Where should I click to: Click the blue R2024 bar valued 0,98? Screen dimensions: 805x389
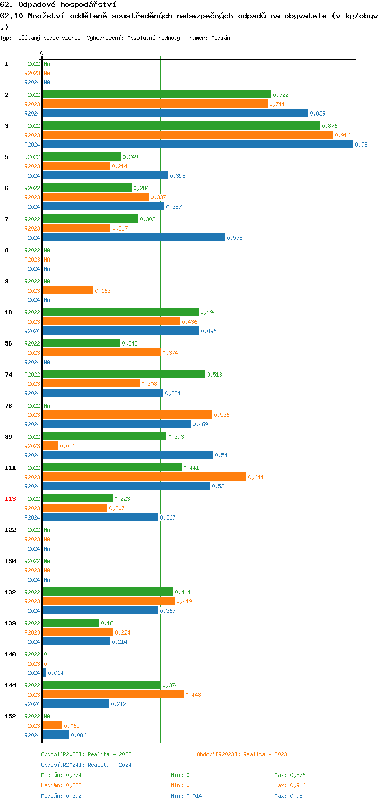tap(197, 144)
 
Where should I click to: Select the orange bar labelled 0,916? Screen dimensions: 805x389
tap(187, 135)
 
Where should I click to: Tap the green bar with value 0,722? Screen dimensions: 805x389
tap(157, 94)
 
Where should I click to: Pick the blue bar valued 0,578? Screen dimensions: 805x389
tap(133, 237)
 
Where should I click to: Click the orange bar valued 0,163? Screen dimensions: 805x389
tap(68, 290)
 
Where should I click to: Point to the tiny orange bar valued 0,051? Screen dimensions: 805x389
tap(50, 445)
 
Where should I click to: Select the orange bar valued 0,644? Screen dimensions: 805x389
tap(144, 477)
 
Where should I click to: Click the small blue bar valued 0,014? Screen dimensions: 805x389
tap(44, 672)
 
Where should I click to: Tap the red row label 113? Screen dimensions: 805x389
tap(10, 499)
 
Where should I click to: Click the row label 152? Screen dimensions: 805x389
tap(10, 716)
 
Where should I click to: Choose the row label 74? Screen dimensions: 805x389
tap(8, 375)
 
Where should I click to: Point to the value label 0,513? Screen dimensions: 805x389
tap(214, 375)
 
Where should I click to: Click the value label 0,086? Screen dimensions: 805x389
tap(78, 735)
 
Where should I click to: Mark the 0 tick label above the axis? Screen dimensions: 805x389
tap(42, 53)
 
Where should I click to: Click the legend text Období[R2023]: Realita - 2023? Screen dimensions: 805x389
tap(242, 754)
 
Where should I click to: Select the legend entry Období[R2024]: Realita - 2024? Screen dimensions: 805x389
tap(86, 765)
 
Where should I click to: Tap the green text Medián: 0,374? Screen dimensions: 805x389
tap(61, 775)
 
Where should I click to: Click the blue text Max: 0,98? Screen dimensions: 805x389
tap(288, 796)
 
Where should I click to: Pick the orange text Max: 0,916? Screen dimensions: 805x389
tap(290, 785)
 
